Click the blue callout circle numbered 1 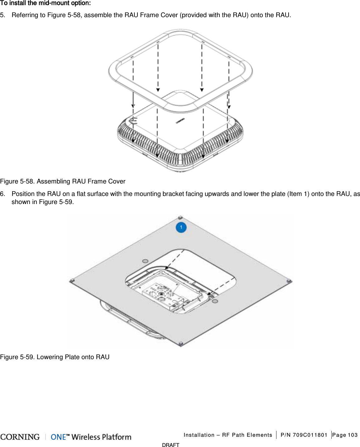(x=181, y=227)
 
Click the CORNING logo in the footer (x=20, y=437)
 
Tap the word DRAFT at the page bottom (x=171, y=445)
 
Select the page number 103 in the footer (x=353, y=435)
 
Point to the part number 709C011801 (x=310, y=435)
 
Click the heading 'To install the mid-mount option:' (x=46, y=3)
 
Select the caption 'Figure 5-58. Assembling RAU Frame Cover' (x=63, y=181)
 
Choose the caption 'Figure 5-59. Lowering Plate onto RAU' (x=55, y=357)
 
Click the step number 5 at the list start (x=2, y=15)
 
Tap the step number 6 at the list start (x=2, y=194)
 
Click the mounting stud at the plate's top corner (x=180, y=217)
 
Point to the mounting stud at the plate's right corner (x=289, y=281)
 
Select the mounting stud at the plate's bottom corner (x=181, y=344)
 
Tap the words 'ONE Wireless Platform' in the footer (x=91, y=437)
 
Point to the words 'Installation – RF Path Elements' (x=228, y=435)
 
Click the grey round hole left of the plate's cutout (x=145, y=261)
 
